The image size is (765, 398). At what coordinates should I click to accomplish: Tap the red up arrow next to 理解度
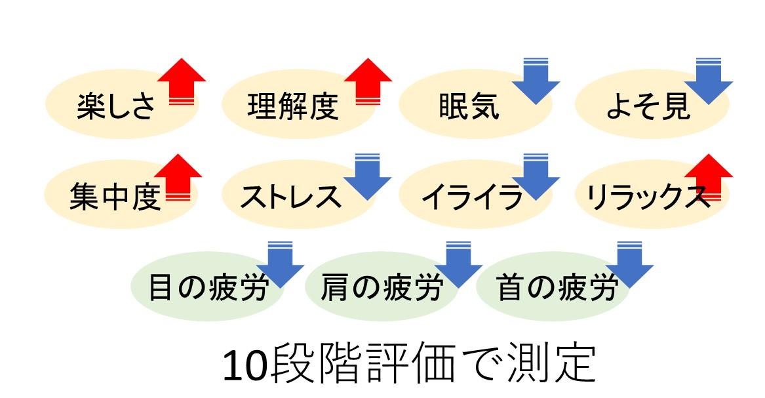pyautogui.click(x=368, y=81)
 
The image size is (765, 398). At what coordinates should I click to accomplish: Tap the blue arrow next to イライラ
pyautogui.click(x=536, y=176)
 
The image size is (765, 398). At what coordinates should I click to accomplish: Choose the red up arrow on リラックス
pyautogui.click(x=708, y=176)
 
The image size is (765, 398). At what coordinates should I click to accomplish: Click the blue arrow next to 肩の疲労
pyautogui.click(x=458, y=264)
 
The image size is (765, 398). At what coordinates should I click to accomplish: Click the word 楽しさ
pyautogui.click(x=116, y=106)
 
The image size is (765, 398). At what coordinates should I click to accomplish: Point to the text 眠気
pyautogui.click(x=468, y=106)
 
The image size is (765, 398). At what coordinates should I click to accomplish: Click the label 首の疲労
pyautogui.click(x=557, y=287)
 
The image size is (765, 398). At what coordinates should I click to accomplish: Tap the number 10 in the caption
pyautogui.click(x=245, y=366)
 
